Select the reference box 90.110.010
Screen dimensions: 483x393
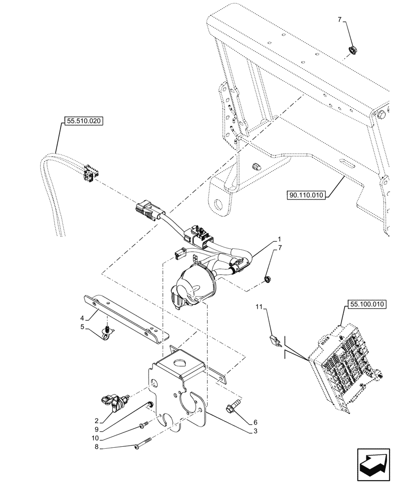[x=307, y=195]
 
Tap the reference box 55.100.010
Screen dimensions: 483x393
[x=365, y=304]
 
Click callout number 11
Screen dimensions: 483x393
[x=259, y=307]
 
